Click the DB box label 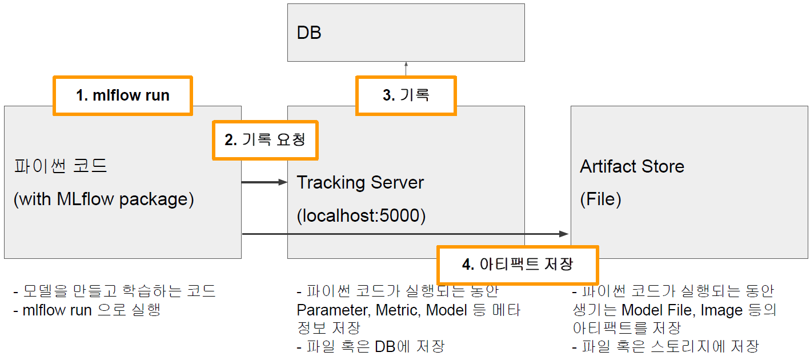tap(309, 33)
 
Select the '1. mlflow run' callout tap(123, 95)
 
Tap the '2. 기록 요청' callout tap(265, 140)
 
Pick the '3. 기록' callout tap(406, 95)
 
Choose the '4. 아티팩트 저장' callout tap(517, 265)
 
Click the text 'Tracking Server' tap(360, 183)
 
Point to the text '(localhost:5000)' tap(361, 215)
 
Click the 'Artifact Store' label tap(632, 166)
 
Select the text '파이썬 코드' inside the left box tap(61, 166)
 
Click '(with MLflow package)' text tap(104, 199)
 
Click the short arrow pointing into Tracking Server tap(264, 182)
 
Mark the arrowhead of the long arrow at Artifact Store tap(564, 234)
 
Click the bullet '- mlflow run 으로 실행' tap(87, 310)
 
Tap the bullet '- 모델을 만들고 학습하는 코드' tap(115, 291)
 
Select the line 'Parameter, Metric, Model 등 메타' tap(408, 310)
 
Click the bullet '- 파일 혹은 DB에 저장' tap(371, 346)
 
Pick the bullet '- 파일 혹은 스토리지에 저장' tap(665, 346)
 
